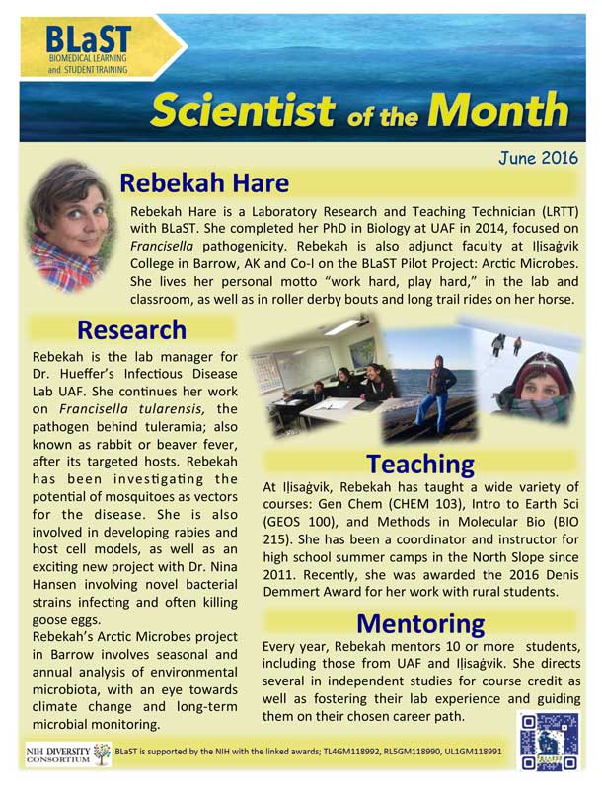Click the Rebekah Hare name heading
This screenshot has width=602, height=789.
[204, 184]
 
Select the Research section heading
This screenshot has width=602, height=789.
[131, 329]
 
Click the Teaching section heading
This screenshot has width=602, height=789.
[419, 463]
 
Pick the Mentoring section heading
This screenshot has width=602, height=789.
[420, 623]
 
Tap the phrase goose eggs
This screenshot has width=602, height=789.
[65, 620]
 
